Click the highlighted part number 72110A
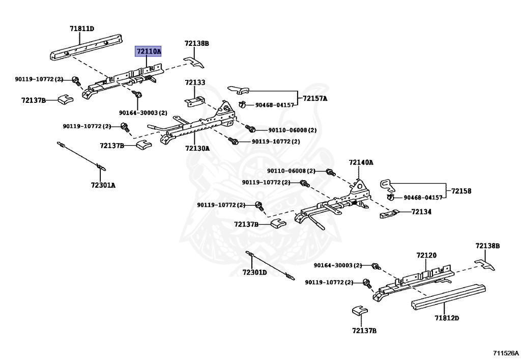point(148,51)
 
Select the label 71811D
point(82,29)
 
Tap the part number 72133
point(195,82)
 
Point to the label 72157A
point(315,98)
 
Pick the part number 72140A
point(361,162)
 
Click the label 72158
point(461,191)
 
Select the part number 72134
point(421,211)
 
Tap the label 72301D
point(254,272)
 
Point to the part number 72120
point(426,255)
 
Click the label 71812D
point(447,318)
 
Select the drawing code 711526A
point(505,352)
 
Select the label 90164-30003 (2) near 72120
point(337,265)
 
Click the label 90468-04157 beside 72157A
point(275,105)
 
